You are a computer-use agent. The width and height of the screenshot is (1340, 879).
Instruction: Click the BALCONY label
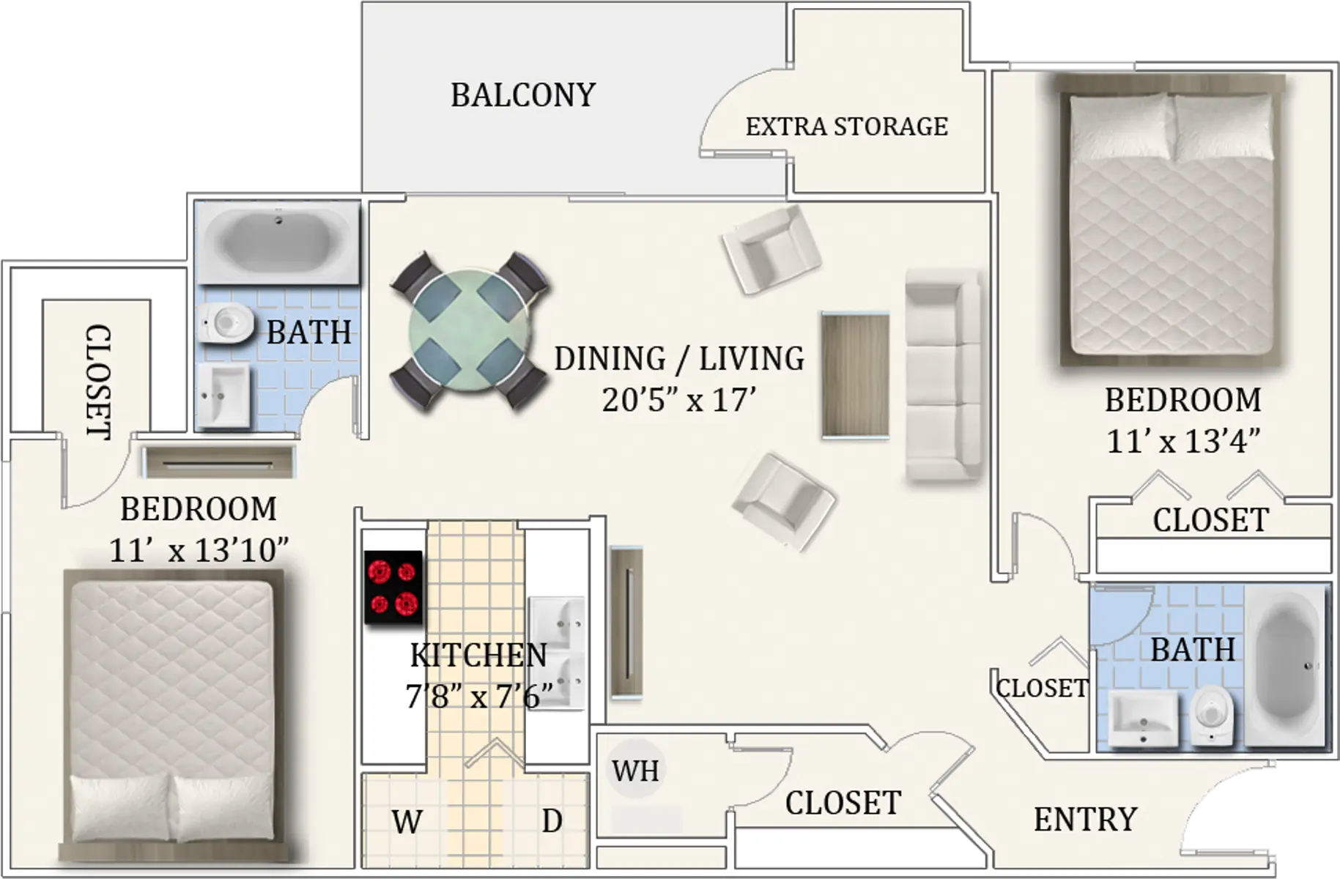click(523, 95)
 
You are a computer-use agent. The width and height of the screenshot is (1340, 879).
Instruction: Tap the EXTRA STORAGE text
click(847, 127)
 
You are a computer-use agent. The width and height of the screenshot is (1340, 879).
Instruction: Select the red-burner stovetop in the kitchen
click(393, 587)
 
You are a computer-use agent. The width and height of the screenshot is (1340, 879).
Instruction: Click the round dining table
click(469, 330)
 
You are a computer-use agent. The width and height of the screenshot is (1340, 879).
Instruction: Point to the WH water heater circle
click(635, 771)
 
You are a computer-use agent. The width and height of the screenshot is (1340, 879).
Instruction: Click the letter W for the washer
click(407, 822)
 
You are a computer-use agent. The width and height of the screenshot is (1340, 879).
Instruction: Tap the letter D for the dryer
click(552, 821)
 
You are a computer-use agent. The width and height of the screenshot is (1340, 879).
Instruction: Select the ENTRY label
click(1085, 820)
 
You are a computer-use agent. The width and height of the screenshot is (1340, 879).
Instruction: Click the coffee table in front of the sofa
click(856, 375)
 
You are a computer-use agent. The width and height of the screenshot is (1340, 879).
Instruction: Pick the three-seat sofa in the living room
click(944, 375)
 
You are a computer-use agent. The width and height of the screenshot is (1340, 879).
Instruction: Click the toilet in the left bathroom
click(226, 323)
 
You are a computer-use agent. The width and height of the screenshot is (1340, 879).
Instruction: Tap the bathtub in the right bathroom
click(1287, 665)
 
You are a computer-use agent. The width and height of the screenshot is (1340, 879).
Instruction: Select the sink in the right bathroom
click(1143, 718)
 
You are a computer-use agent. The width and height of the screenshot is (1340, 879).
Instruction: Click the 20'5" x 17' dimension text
click(679, 400)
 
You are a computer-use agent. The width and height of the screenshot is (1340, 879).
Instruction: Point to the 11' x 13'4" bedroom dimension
click(1183, 441)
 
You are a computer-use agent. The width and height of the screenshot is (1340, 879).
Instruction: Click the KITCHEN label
click(478, 655)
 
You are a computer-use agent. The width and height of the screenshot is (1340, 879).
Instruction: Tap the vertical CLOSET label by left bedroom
click(98, 382)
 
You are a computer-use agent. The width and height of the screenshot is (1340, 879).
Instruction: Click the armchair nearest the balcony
click(771, 249)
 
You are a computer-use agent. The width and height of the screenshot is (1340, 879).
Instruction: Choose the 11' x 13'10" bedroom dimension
click(199, 549)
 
